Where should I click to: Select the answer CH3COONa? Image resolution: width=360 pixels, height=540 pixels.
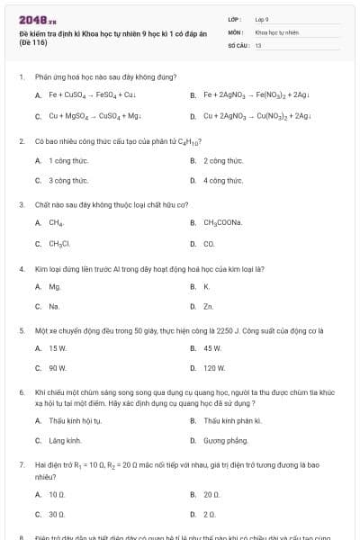(223, 221)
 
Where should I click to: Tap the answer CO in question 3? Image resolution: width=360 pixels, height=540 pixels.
(209, 243)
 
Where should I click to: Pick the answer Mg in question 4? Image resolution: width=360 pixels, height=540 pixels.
(55, 286)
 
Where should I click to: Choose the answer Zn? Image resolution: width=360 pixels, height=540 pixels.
(209, 307)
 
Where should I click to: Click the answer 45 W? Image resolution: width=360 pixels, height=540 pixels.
(212, 347)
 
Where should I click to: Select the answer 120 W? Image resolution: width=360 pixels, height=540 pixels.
(214, 368)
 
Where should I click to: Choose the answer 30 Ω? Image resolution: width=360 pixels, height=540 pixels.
(58, 514)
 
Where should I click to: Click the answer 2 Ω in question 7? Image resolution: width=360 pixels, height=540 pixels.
(210, 514)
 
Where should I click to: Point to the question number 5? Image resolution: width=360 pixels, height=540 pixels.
(22, 329)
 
